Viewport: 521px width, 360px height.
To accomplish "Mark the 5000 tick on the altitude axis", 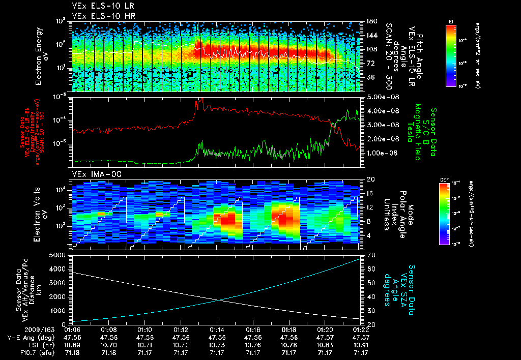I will click(60, 254).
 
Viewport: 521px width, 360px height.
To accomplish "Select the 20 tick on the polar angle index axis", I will click(369, 179).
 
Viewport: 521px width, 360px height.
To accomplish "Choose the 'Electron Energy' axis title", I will click(39, 56).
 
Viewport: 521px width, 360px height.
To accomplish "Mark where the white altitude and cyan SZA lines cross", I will click(220, 300).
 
